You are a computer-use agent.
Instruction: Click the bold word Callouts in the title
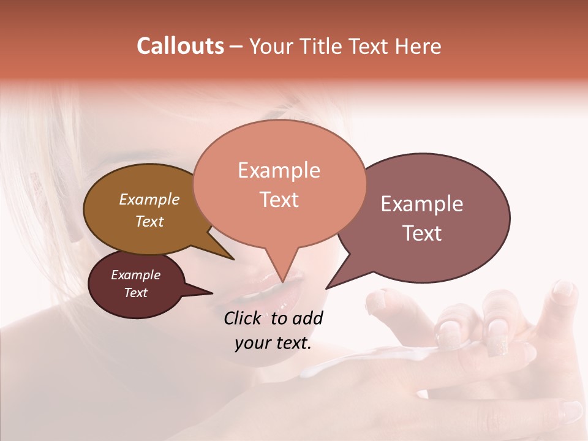(180, 46)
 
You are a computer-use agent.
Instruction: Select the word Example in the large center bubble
(279, 170)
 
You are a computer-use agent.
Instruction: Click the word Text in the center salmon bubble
(279, 200)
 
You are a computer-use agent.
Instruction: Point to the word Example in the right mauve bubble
(422, 204)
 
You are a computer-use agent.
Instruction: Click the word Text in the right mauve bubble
(422, 233)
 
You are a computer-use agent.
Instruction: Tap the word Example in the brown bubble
(149, 200)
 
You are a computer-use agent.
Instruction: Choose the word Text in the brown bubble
(149, 221)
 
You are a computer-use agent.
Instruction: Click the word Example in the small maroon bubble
(135, 275)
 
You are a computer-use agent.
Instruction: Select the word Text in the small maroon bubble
(135, 293)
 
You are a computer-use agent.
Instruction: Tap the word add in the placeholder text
(307, 318)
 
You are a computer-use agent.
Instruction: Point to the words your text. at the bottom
(273, 343)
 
